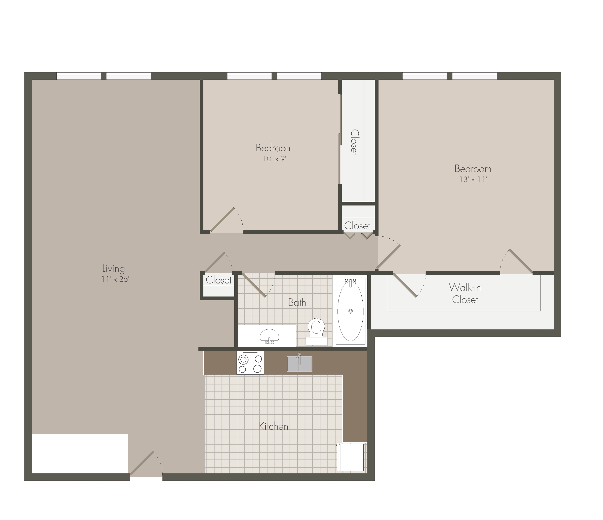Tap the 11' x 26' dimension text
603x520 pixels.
point(115,279)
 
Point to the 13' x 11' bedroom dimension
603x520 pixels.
point(473,179)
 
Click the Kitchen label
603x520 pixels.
point(274,427)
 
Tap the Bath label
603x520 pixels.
point(297,303)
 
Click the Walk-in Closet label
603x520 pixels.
point(465,294)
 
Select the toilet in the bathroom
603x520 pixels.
point(316,332)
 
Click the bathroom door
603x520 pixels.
point(254,285)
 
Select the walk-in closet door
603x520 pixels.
point(405,285)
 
